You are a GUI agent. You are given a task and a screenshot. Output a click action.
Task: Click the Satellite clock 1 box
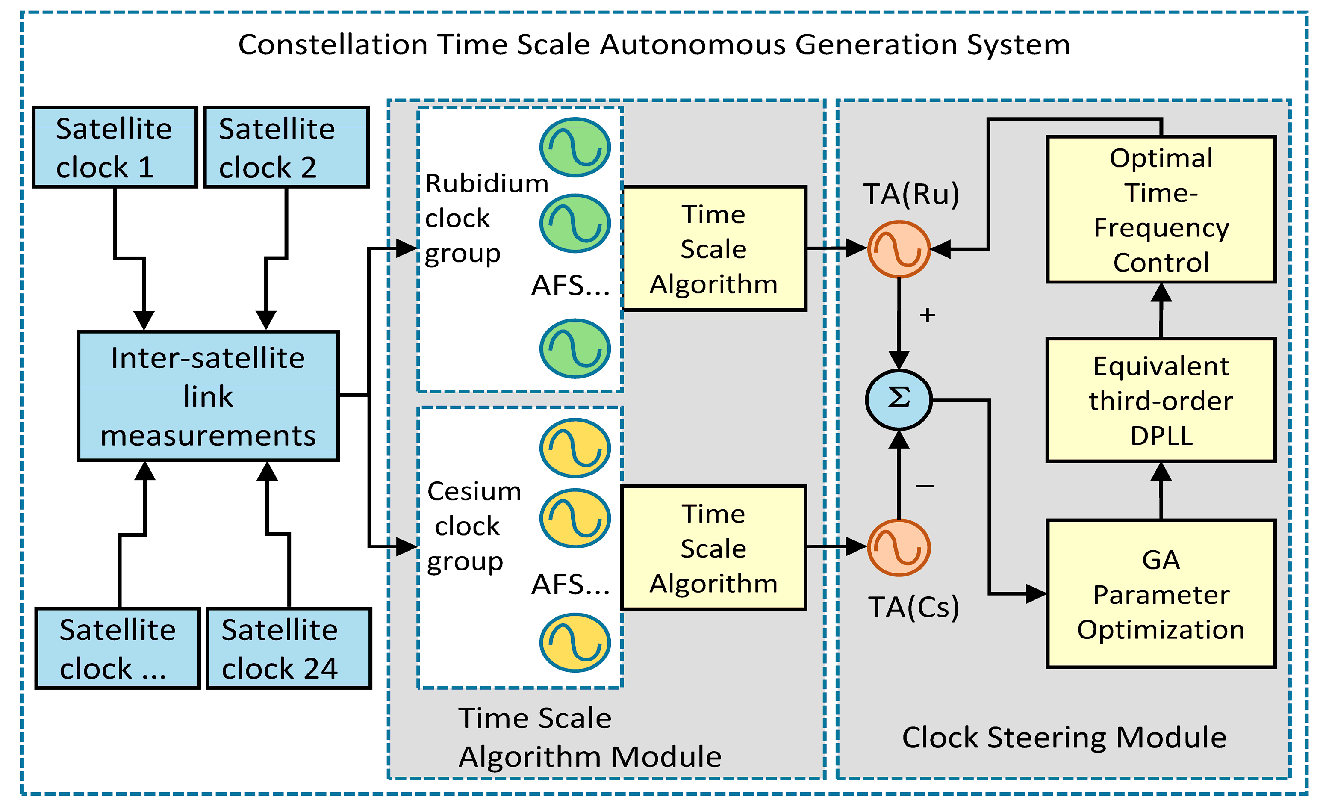coord(115,147)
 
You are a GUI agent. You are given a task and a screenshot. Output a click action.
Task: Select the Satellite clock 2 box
coord(286,147)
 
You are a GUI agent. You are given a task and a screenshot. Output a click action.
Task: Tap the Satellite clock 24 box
coord(289,648)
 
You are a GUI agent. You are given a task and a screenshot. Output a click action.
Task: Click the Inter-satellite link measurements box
coord(208,396)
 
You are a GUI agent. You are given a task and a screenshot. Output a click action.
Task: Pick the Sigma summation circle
coord(899,399)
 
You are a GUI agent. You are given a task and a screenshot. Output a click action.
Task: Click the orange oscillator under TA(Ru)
coord(899,249)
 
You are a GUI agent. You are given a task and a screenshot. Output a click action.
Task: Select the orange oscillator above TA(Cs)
coord(899,547)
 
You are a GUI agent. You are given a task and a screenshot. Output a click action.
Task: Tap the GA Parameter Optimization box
coord(1161,594)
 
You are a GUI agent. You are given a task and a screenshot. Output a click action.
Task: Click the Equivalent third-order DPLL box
coord(1161,400)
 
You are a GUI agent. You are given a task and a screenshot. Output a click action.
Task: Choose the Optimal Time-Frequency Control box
coord(1161,210)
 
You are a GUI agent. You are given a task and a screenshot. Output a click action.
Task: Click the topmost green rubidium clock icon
coord(575,147)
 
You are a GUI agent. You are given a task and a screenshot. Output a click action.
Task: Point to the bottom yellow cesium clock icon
coord(575,643)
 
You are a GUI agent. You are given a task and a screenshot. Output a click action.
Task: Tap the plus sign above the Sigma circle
coord(927,315)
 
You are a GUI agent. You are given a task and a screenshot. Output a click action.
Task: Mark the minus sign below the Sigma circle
coord(925,486)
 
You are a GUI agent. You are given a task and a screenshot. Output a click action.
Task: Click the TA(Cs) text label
coord(913,607)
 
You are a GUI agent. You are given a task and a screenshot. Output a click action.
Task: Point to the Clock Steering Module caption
coord(1064,737)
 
